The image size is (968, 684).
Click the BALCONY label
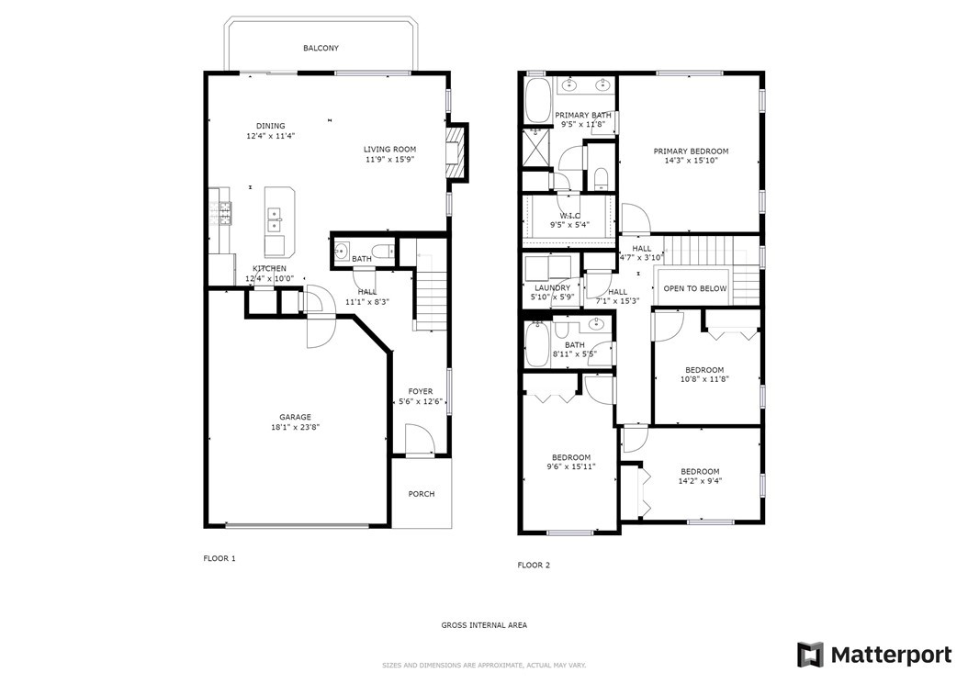tap(321, 48)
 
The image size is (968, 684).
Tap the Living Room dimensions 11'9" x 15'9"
tap(389, 159)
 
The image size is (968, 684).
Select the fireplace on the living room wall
tap(455, 151)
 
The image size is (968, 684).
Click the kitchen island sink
tap(274, 219)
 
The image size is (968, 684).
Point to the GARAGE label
tap(295, 418)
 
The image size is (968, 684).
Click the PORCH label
tap(422, 494)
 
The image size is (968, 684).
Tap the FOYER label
tap(421, 391)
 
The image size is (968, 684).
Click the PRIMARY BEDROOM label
tap(691, 151)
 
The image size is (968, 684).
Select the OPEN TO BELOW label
tap(695, 288)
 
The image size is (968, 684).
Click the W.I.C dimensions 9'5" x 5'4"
tap(569, 224)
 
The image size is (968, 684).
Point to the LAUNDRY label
tap(553, 287)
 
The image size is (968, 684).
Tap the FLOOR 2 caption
tap(534, 565)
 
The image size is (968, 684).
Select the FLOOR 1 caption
tap(219, 559)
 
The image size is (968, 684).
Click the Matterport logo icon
tap(810, 655)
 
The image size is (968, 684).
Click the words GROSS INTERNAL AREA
tap(484, 625)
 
